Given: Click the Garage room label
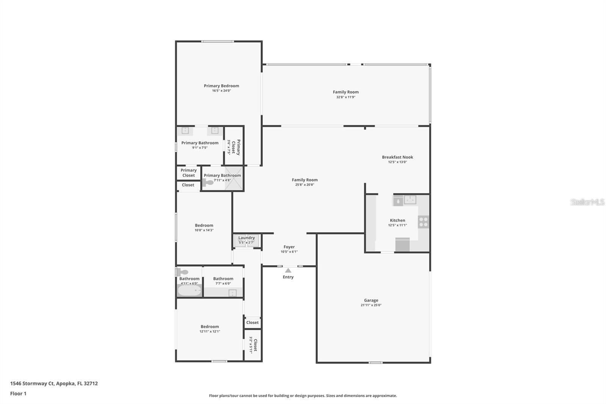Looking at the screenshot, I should [371, 300].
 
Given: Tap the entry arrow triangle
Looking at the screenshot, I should [288, 270].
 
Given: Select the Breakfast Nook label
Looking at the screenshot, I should [397, 157].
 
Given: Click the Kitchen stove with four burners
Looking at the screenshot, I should [423, 222].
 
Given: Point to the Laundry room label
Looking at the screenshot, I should [247, 238].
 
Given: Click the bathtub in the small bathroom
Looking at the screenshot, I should [189, 291].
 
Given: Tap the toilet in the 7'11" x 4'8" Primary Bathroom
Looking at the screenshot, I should [208, 182].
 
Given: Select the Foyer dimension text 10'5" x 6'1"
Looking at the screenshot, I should [289, 252].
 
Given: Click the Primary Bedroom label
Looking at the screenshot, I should [221, 86].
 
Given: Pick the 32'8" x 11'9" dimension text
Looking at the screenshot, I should [345, 97].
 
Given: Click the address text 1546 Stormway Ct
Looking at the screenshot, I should [33, 383].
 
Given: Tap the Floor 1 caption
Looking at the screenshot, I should [18, 393].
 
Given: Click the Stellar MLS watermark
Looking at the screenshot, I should [587, 202].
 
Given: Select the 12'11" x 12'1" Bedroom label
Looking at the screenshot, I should [209, 326].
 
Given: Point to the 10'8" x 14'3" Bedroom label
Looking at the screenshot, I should [204, 225].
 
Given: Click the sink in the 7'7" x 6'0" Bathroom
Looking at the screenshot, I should [232, 293].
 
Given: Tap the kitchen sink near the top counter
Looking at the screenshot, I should [410, 199].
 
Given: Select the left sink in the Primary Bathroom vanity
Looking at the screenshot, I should [185, 130].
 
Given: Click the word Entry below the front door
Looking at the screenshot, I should [288, 277].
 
